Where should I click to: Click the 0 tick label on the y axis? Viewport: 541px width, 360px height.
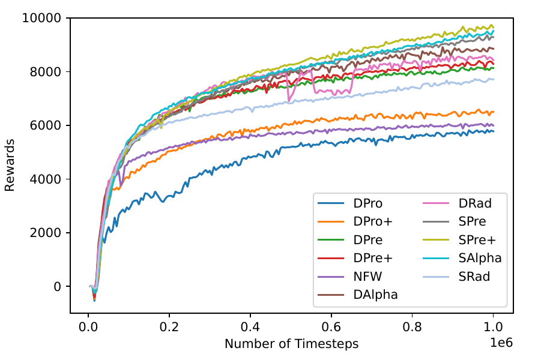coord(59,287)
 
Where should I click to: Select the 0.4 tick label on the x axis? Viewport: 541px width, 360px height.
coord(250,327)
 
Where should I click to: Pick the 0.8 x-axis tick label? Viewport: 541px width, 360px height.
coord(413,327)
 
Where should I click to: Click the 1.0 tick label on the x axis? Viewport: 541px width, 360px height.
coord(493,327)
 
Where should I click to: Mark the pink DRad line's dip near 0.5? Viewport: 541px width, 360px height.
coord(290,98)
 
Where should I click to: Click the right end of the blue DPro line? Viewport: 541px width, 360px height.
coord(493,131)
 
